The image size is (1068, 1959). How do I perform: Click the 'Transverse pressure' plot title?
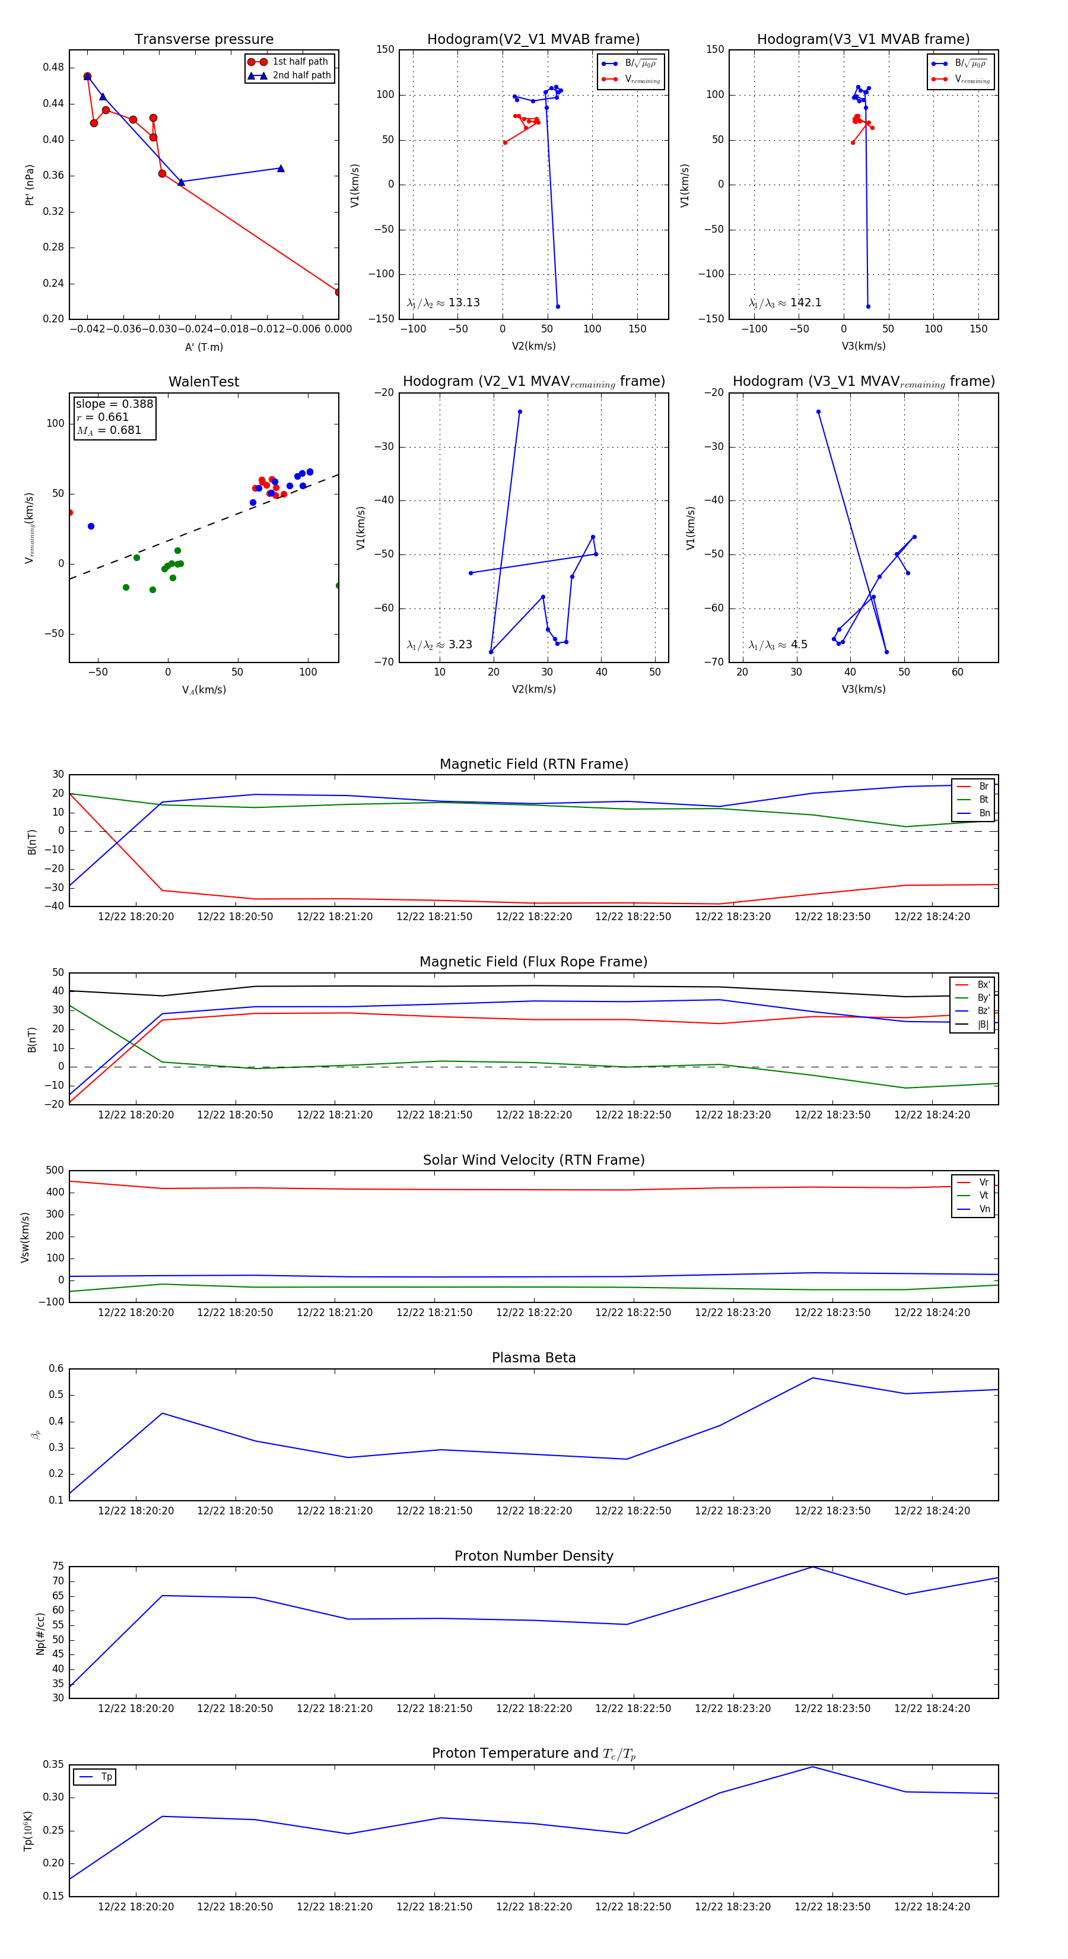tap(204, 40)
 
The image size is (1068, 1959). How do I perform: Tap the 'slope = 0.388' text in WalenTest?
tap(114, 404)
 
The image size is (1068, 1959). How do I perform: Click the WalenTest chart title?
tap(204, 382)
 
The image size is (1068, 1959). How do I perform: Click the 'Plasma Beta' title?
tap(533, 1358)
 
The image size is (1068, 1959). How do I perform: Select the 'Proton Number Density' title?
tap(533, 1556)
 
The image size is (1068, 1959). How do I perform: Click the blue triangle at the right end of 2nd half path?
tap(281, 169)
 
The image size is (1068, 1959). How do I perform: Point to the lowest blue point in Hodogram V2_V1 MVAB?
tap(558, 306)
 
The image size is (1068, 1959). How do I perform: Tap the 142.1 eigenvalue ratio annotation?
tap(805, 303)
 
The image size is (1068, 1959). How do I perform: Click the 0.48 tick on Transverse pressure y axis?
tap(53, 67)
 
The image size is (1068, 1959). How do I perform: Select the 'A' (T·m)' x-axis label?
tap(204, 347)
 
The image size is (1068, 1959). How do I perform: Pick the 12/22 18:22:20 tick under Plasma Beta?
tap(533, 1511)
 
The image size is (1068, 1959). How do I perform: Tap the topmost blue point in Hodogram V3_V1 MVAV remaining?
tap(818, 412)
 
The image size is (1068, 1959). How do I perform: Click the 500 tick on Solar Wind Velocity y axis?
tap(55, 1171)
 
